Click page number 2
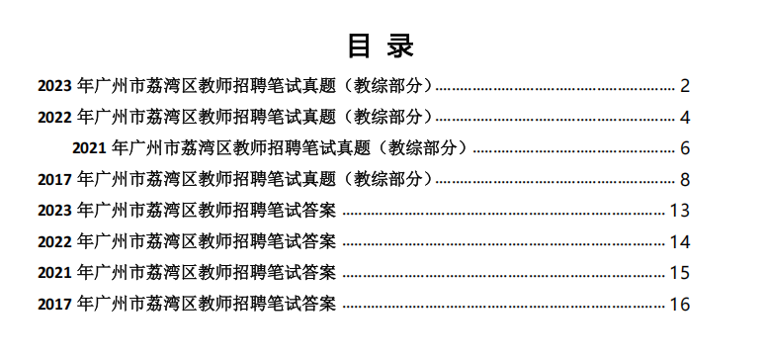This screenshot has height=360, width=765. [x=684, y=86]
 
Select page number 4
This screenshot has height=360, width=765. [x=684, y=118]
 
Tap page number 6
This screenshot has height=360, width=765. [x=684, y=148]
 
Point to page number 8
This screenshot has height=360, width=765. [x=684, y=180]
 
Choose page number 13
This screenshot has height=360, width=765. [x=679, y=211]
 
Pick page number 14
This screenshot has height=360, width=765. [x=679, y=241]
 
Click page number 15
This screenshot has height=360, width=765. [x=679, y=273]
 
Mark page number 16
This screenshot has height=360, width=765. [x=679, y=304]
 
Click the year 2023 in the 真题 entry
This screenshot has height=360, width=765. [x=55, y=86]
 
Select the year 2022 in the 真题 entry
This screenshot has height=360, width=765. [x=55, y=118]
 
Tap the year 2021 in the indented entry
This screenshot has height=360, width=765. [x=90, y=148]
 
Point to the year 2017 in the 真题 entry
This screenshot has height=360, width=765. [x=55, y=180]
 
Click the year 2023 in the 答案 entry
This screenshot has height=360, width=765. [x=55, y=211]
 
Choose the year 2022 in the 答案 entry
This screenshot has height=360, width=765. [x=55, y=241]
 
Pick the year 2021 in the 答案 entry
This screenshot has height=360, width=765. [x=55, y=273]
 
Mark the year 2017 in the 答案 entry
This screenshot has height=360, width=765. [x=55, y=304]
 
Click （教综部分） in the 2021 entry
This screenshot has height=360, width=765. [x=423, y=148]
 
